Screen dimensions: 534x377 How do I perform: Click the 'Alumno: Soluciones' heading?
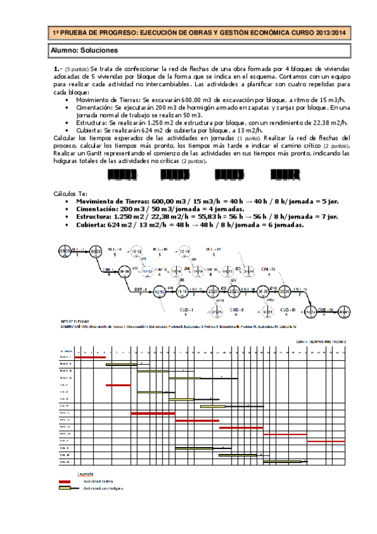click(83, 50)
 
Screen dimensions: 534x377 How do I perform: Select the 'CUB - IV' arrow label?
click(327, 309)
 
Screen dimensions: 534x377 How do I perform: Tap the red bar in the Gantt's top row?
click(90, 357)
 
